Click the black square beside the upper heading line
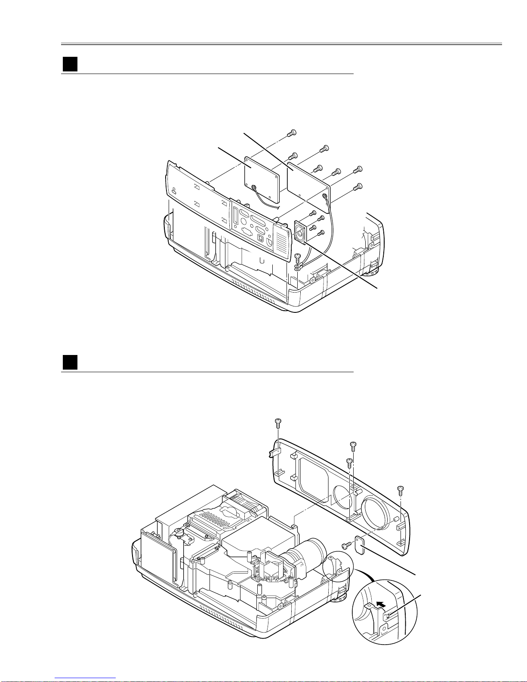(x=70, y=64)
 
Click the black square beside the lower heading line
(x=70, y=362)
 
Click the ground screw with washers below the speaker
(x=297, y=263)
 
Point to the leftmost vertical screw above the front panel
(x=278, y=423)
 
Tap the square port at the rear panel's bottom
(x=259, y=238)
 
